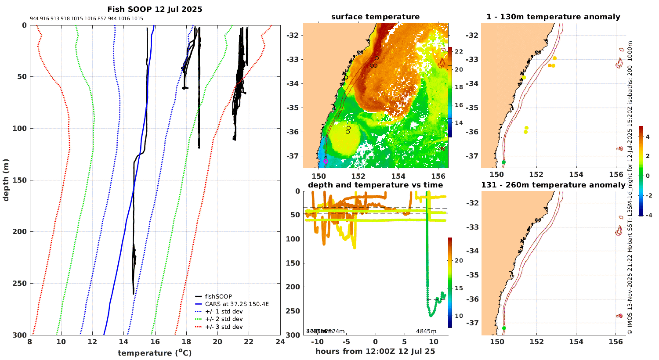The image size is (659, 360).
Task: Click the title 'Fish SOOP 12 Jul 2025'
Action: [x=155, y=9]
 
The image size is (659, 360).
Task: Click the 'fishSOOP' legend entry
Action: [x=218, y=296]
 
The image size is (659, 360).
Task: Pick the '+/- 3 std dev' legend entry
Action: [x=224, y=327]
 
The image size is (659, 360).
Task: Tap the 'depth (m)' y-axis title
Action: [x=6, y=180]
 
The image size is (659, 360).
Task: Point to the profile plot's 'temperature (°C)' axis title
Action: [x=155, y=353]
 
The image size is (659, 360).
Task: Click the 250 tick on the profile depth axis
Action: [x=22, y=283]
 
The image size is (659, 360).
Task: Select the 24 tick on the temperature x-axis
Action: [x=280, y=342]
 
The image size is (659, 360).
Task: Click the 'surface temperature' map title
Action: [x=375, y=17]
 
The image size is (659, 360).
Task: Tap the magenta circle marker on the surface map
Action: [x=326, y=162]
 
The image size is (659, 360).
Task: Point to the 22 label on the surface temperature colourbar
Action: [x=459, y=52]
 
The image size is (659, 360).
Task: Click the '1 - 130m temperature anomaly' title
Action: [x=553, y=17]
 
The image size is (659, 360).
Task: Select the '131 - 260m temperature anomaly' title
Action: [x=553, y=185]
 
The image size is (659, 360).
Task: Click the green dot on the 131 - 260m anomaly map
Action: [x=504, y=328]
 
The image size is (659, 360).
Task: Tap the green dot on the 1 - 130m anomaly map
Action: [x=503, y=162]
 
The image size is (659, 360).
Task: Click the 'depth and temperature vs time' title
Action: [x=375, y=185]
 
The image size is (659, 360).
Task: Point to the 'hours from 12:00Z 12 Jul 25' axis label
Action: [x=375, y=351]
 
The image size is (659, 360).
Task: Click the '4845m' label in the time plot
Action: [x=426, y=331]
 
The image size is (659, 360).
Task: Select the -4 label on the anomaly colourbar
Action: [x=648, y=215]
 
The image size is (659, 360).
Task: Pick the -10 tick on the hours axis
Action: [x=317, y=342]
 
